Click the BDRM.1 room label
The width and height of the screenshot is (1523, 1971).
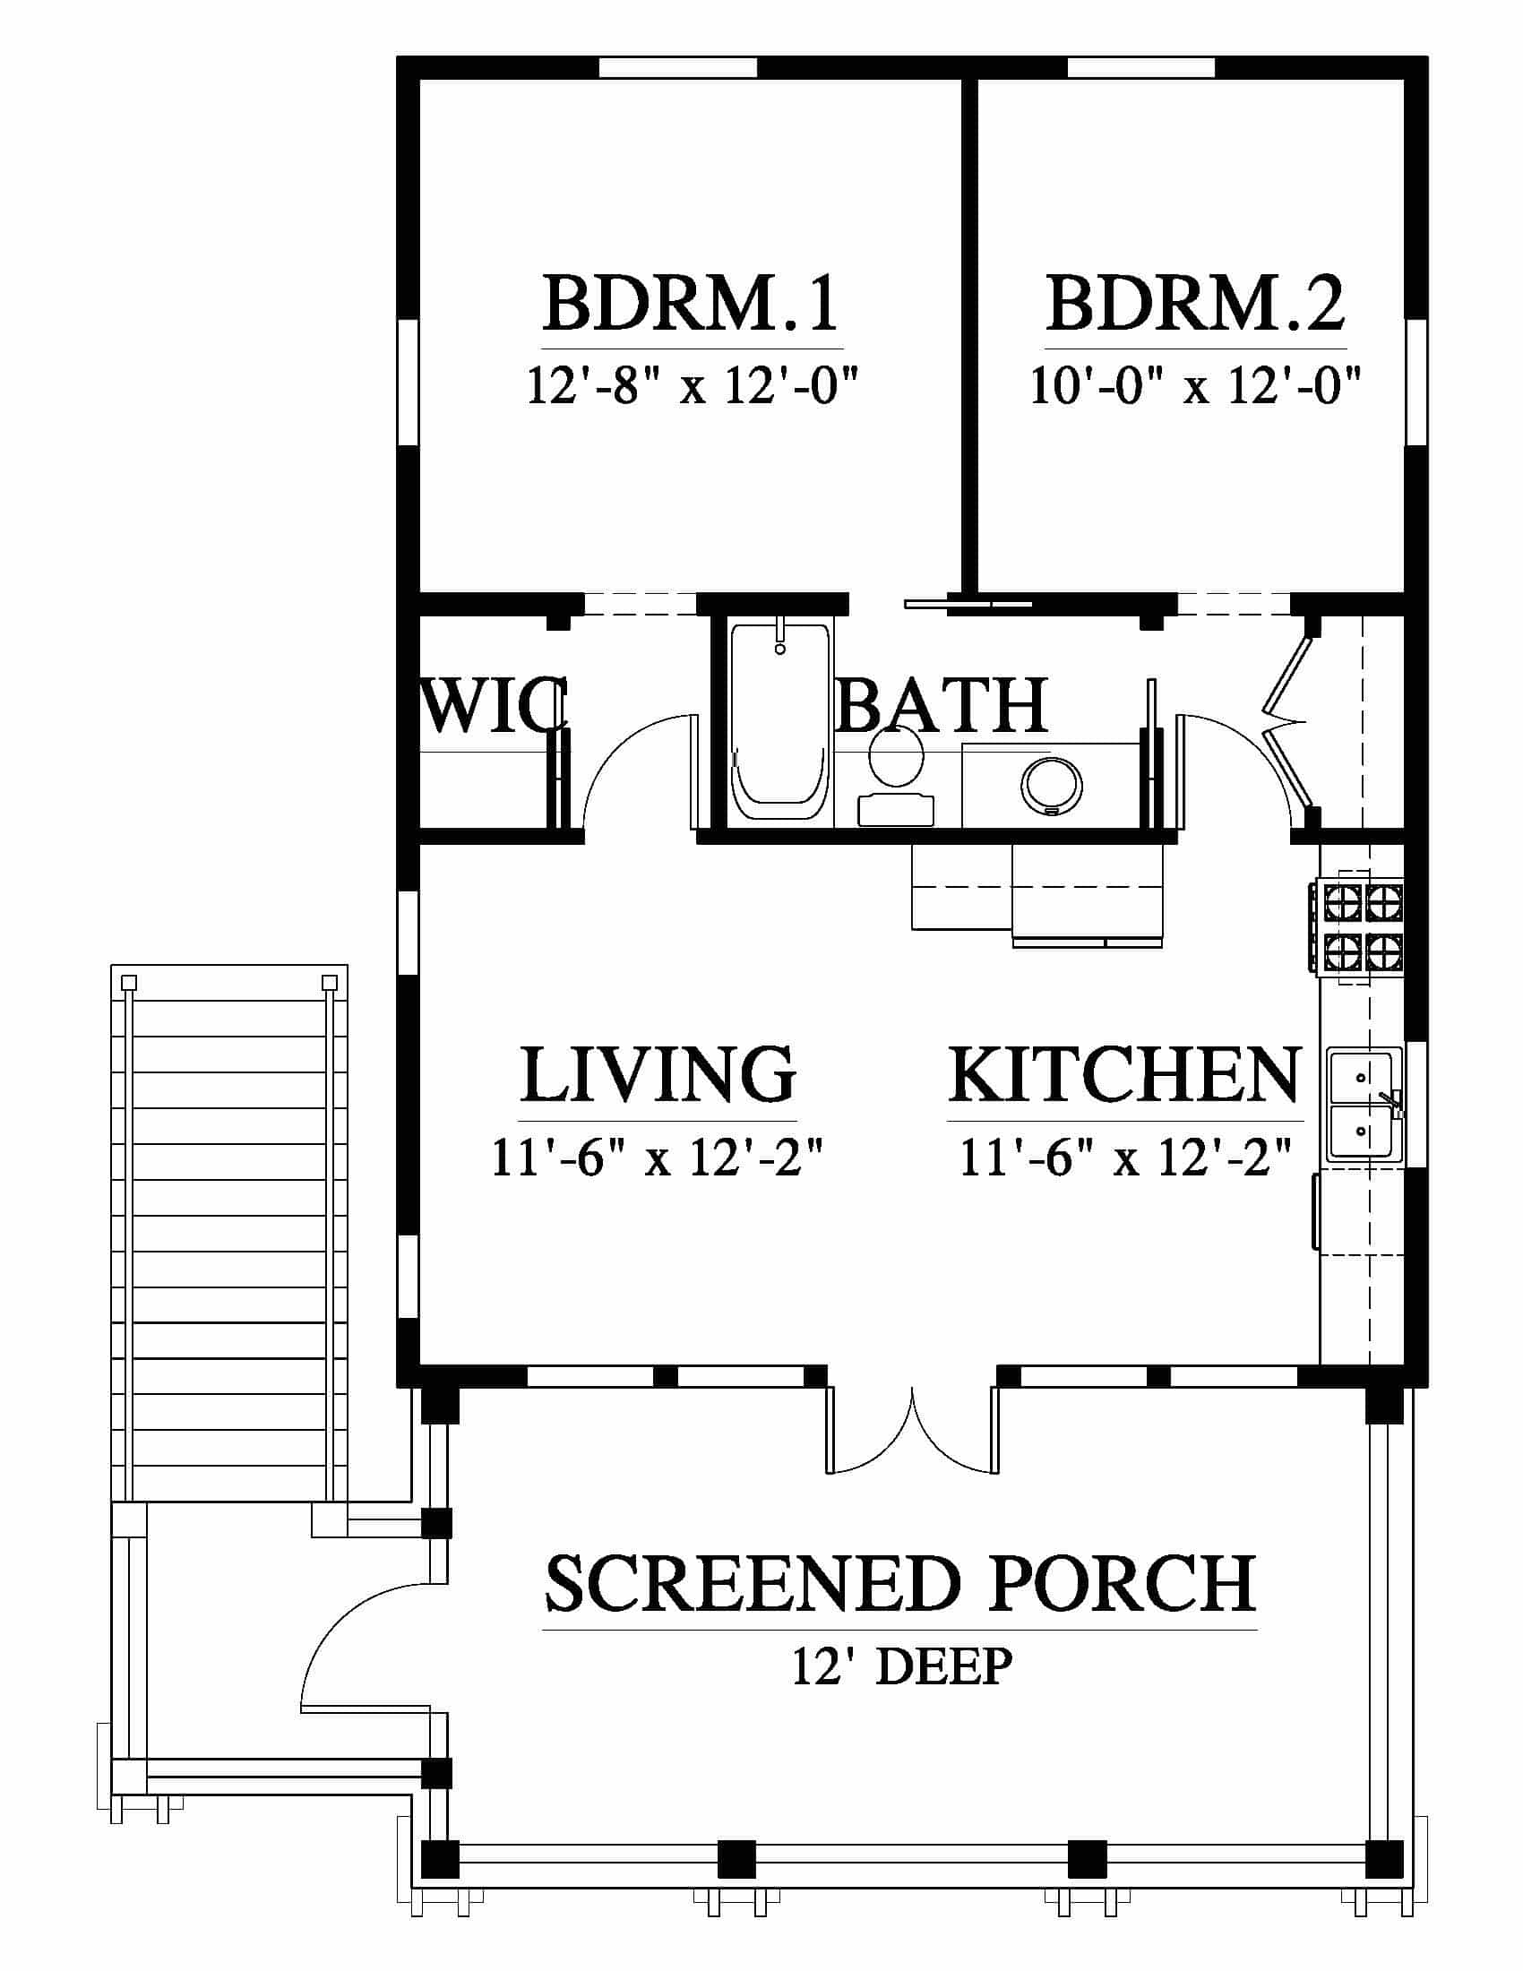pos(691,305)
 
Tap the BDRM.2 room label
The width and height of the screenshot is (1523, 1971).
pos(1195,305)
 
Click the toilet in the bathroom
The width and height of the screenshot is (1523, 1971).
pos(896,776)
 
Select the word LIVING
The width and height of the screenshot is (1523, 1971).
pos(658,1074)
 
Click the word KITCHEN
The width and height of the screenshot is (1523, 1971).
pos(1124,1074)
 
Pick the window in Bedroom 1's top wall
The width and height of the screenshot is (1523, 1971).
pos(677,68)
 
